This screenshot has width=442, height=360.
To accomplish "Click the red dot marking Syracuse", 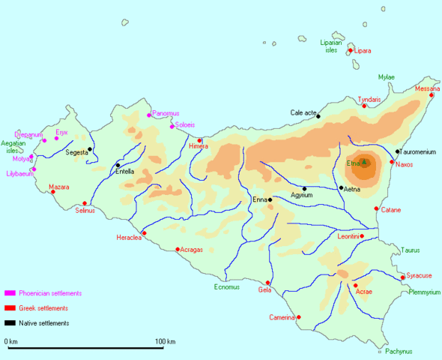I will tap(403, 277).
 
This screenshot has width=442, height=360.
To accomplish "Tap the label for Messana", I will tap(427, 88).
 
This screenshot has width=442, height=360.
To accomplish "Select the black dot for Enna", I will tap(270, 199).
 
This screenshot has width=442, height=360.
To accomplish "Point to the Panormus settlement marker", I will tap(149, 115).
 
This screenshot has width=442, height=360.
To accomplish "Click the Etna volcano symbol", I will tap(364, 162).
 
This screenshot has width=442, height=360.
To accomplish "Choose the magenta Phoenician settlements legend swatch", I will tap(10, 293).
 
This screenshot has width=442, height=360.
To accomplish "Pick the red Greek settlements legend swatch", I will tap(10, 308).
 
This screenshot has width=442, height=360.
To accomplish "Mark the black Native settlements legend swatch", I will tap(10, 323).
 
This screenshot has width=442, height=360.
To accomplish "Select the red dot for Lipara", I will tap(350, 51).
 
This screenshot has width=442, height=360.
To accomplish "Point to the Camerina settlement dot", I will tap(299, 317).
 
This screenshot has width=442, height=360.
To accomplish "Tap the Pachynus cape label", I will tap(399, 351).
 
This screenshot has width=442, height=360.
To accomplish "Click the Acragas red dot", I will tap(178, 250).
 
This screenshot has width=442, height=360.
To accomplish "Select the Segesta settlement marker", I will tap(90, 148).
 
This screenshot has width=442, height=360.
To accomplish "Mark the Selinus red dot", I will tap(85, 203).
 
